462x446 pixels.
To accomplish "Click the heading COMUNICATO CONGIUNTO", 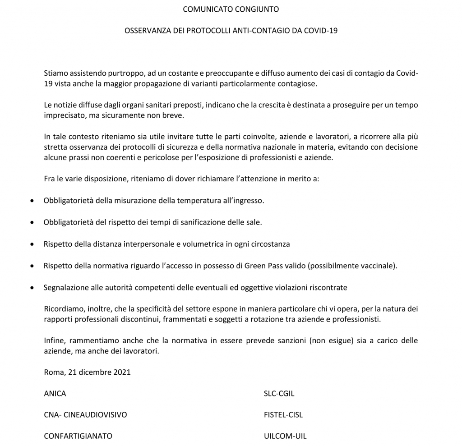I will (231, 9).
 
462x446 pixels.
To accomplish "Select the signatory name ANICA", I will (55, 393).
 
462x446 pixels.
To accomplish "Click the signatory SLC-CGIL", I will (279, 393).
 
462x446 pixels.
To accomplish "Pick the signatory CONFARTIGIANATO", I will (78, 436).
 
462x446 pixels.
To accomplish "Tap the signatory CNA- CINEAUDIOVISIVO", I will (85, 415).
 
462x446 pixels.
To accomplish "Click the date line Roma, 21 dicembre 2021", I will (87, 372).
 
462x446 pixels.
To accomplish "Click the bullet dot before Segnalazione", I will (31, 287).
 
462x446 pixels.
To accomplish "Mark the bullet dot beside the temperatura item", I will (31, 201).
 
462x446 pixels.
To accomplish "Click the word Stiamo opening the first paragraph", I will (55, 73).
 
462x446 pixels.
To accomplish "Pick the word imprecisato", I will (64, 115).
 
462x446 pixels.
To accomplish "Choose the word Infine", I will (54, 340).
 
